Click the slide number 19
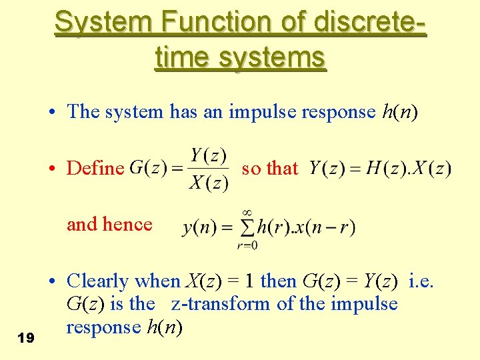click(x=26, y=339)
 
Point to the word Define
click(x=95, y=169)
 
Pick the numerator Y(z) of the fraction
click(x=209, y=155)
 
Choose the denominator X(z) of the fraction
click(x=209, y=183)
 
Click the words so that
click(x=269, y=168)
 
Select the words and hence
click(x=109, y=225)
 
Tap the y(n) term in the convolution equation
click(x=198, y=227)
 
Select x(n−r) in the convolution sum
click(x=327, y=227)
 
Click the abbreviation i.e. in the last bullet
click(x=421, y=281)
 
